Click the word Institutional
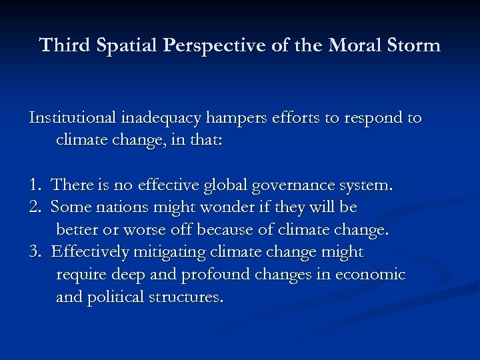click(x=73, y=118)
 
